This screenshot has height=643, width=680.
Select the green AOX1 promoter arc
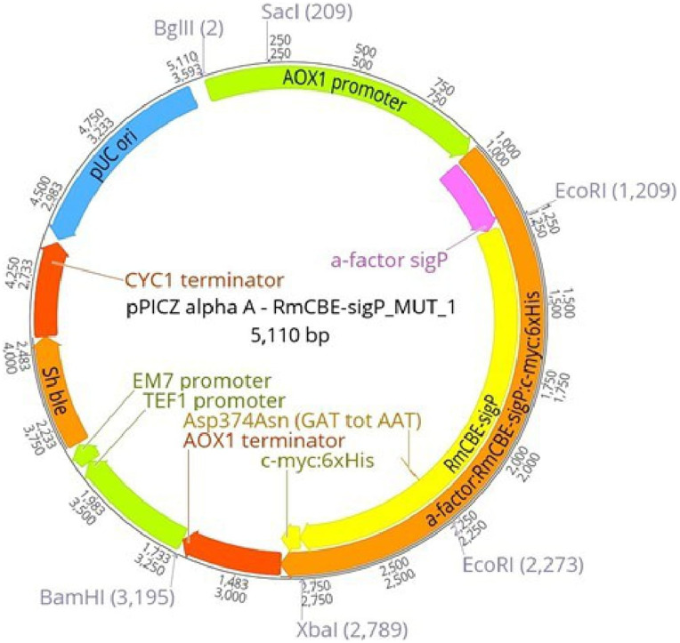[337, 92]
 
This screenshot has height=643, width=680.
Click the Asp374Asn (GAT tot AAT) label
[298, 421]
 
